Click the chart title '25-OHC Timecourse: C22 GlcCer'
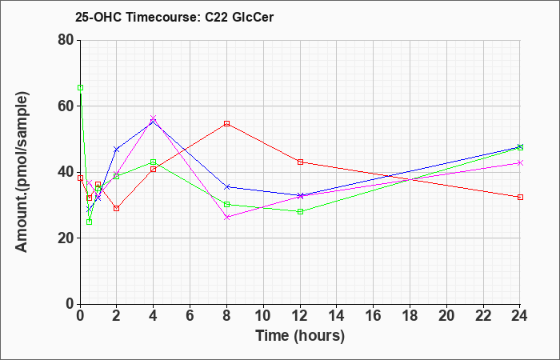coord(174,17)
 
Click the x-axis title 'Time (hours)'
coord(300,336)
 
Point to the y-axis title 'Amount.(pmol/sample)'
coord(22,172)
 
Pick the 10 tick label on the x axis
coord(263,316)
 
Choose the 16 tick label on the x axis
coord(374,316)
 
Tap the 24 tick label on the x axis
coord(520,316)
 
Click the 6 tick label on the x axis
coord(190,316)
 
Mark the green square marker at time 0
coord(80,87)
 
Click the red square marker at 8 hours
coord(226,123)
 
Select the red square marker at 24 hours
coord(520,197)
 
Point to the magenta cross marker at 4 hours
coord(154,118)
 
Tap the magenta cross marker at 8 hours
coord(226,217)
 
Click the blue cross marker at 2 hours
coord(117,149)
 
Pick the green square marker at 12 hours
coord(300,211)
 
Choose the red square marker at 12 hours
coord(300,162)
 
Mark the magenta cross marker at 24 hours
coord(520,163)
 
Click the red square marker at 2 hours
coord(117,208)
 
